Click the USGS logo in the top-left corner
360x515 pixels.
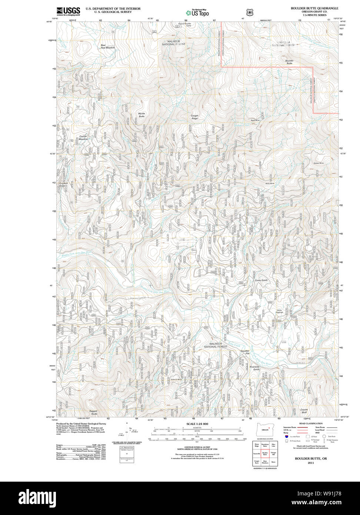tap(68, 11)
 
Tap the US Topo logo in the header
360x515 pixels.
tap(197, 12)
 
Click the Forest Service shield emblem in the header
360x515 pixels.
tap(250, 12)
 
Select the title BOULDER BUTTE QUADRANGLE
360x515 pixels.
tap(314, 8)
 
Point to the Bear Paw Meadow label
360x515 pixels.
tap(108, 47)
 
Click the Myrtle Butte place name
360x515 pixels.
tap(141, 115)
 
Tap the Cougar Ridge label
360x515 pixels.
tap(194, 117)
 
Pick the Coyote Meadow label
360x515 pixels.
tap(83, 137)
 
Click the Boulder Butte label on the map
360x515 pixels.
tap(289, 62)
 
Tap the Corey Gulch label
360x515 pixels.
tap(261, 280)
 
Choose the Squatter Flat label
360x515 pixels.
tap(245, 352)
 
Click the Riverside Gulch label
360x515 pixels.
tap(254, 368)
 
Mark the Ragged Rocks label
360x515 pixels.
tap(94, 412)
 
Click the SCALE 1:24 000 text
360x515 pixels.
tap(197, 423)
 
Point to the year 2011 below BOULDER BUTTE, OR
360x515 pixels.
tap(311, 463)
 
